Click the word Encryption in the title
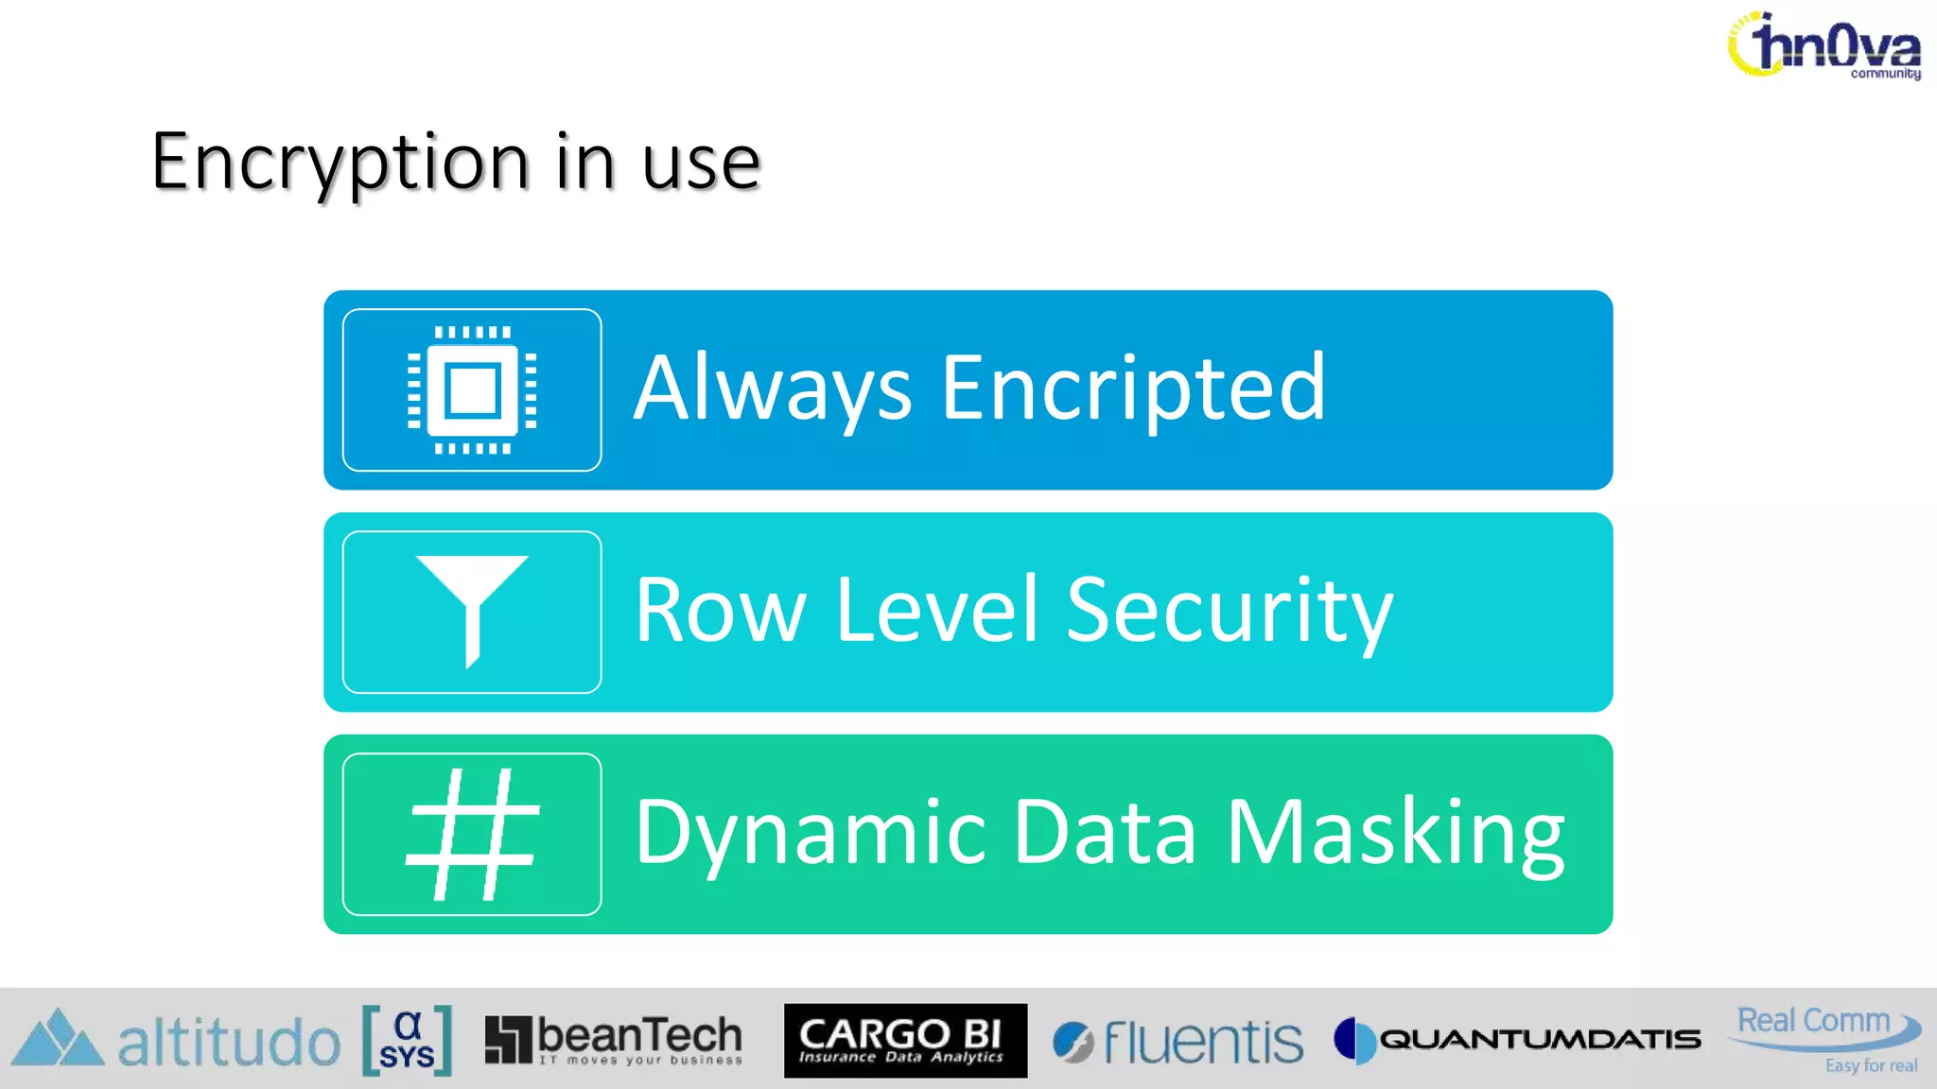click(x=340, y=163)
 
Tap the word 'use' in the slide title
click(x=701, y=163)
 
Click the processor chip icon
click(x=472, y=389)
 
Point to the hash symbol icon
click(x=472, y=834)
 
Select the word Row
click(x=720, y=611)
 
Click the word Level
click(x=937, y=611)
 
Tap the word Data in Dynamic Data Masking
click(x=1106, y=832)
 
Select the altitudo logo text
click(x=228, y=1043)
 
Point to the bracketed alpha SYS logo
click(x=407, y=1040)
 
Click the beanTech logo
click(x=614, y=1040)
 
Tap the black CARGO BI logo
click(x=905, y=1040)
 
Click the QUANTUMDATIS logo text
click(x=1539, y=1040)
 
